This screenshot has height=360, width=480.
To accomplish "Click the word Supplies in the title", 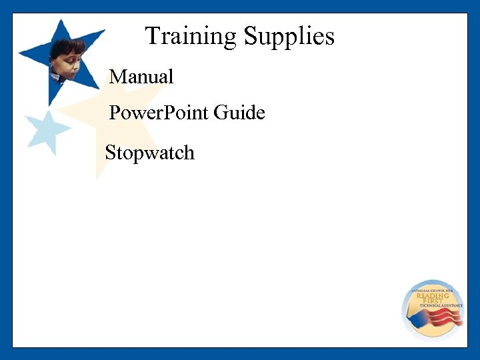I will (289, 36).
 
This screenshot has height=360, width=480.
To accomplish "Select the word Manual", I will (141, 77).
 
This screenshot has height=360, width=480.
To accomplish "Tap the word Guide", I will (239, 113).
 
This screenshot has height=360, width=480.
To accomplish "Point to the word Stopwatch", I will (149, 153).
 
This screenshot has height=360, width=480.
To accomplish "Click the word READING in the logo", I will (433, 297).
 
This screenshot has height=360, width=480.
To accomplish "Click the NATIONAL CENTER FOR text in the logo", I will (432, 291).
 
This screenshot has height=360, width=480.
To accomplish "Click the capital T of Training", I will (152, 36).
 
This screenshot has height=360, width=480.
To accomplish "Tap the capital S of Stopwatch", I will (111, 153).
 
